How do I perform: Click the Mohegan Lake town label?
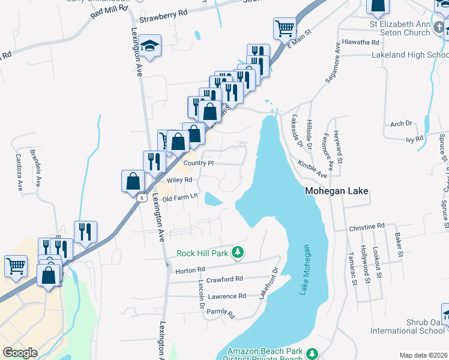(336, 192)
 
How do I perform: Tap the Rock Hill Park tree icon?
(238, 253)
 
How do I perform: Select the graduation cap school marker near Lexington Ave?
(148, 46)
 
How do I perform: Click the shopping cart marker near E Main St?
(284, 27)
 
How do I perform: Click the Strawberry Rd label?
(163, 19)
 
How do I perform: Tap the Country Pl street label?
(198, 163)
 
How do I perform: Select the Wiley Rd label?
(179, 180)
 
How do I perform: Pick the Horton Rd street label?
(190, 271)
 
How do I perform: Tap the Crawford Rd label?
(224, 279)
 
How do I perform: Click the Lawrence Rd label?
(227, 296)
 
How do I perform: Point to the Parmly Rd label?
(220, 313)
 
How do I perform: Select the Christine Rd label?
(366, 227)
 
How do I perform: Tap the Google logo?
(20, 353)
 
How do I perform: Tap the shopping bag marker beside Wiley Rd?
(133, 180)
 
